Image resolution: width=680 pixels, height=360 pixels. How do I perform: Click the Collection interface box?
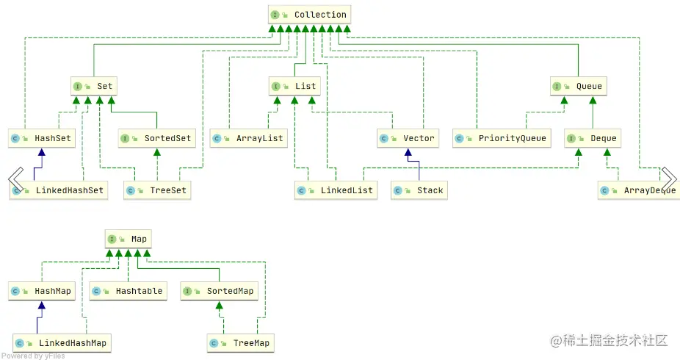pos(308,15)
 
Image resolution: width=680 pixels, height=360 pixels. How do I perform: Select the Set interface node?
pos(93,86)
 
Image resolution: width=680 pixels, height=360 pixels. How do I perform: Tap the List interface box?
pos(294,86)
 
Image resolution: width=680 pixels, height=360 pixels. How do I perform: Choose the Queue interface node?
pos(577,86)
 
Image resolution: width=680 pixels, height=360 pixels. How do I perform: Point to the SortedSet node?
pos(156,137)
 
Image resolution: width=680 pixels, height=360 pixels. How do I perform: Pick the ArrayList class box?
pos(247,137)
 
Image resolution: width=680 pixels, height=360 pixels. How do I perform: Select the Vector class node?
pos(408,137)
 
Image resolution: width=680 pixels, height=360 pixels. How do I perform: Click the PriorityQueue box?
pos(501,137)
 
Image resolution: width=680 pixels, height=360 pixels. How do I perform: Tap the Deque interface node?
pos(592,137)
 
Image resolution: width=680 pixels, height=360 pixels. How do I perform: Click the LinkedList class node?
pos(335,190)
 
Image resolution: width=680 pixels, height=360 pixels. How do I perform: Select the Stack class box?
pos(419,190)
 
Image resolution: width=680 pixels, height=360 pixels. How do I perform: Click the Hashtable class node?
pos(127,291)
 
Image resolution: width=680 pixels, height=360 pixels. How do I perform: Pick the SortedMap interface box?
pos(219,291)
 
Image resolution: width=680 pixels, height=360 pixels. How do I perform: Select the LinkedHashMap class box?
pos(62,342)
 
